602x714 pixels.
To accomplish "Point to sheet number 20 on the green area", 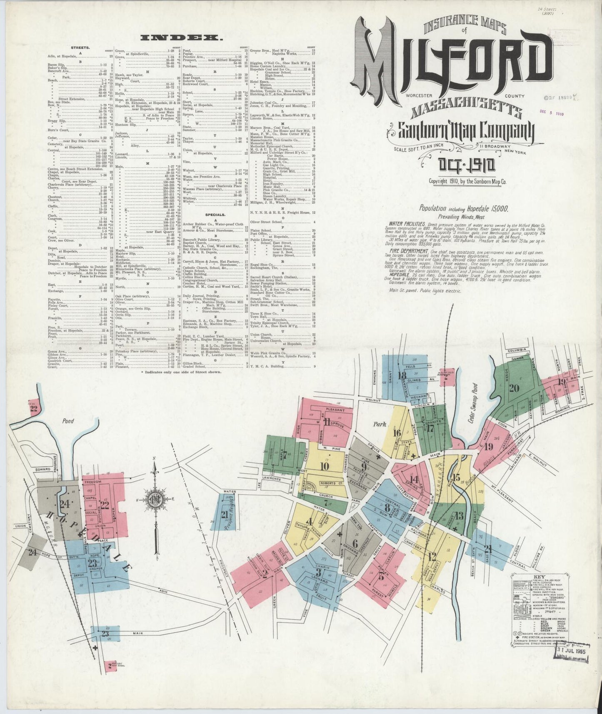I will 514,388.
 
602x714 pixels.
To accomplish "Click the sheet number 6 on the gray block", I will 355,543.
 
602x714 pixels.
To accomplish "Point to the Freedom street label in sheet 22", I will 90,482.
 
